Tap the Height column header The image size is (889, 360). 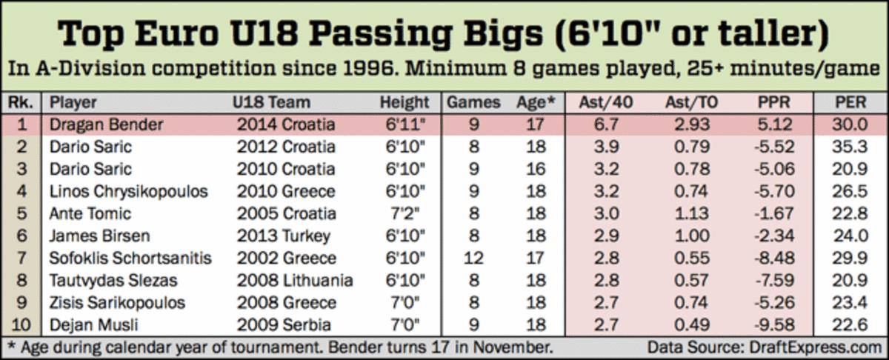coord(404,102)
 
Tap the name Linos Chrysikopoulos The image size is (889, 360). coord(128,191)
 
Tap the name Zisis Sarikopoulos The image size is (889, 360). coord(118,302)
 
